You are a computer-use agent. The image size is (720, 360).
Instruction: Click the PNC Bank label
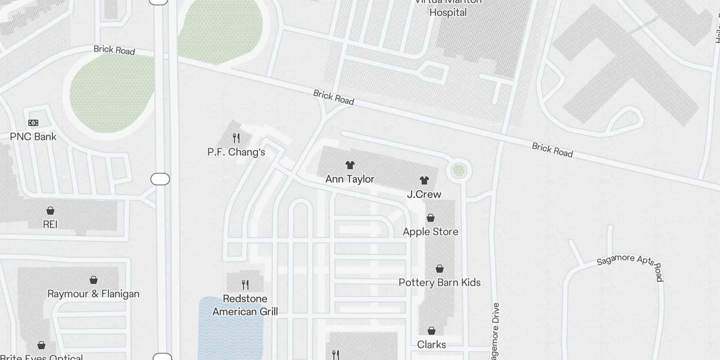pos(33,137)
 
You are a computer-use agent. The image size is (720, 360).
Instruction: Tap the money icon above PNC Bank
pos(33,123)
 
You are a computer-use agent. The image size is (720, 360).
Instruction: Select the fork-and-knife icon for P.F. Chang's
pos(236,138)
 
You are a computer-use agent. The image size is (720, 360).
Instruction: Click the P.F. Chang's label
pos(236,152)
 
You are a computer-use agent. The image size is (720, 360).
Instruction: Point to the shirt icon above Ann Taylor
pos(350,165)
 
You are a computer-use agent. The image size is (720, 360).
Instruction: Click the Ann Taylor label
pos(350,179)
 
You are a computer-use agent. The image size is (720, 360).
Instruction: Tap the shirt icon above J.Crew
pos(424,180)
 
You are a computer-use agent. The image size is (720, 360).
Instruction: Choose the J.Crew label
pos(424,194)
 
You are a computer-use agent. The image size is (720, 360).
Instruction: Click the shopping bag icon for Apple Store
pos(431,218)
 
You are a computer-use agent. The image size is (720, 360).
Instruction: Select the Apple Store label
pos(431,232)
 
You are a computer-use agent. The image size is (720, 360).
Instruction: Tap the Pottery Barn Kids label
pos(440,283)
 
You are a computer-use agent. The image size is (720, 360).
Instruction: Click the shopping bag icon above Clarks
pos(432,331)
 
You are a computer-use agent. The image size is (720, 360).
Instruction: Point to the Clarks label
pos(432,345)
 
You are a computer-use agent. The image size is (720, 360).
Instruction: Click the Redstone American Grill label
pos(245,305)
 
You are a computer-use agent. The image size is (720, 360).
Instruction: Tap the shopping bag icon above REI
pos(50,211)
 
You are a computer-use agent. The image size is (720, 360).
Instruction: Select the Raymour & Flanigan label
pos(94,294)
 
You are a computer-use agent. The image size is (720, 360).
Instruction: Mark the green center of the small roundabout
pos(459,171)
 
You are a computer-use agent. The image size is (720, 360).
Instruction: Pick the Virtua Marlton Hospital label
pos(448,8)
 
